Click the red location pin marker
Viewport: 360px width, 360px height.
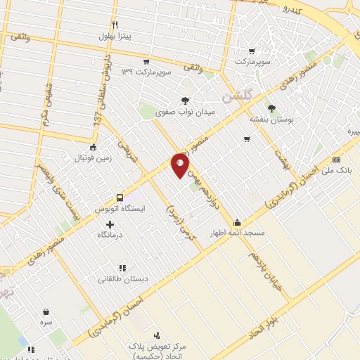181,166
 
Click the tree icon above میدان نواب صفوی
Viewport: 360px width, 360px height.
185,101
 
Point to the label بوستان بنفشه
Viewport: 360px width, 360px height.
271,120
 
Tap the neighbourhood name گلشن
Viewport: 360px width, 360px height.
237,96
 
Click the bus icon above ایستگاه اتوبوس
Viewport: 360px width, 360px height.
120,179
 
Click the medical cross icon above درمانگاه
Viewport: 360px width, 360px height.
110,224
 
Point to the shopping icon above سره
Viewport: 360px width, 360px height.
46,311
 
